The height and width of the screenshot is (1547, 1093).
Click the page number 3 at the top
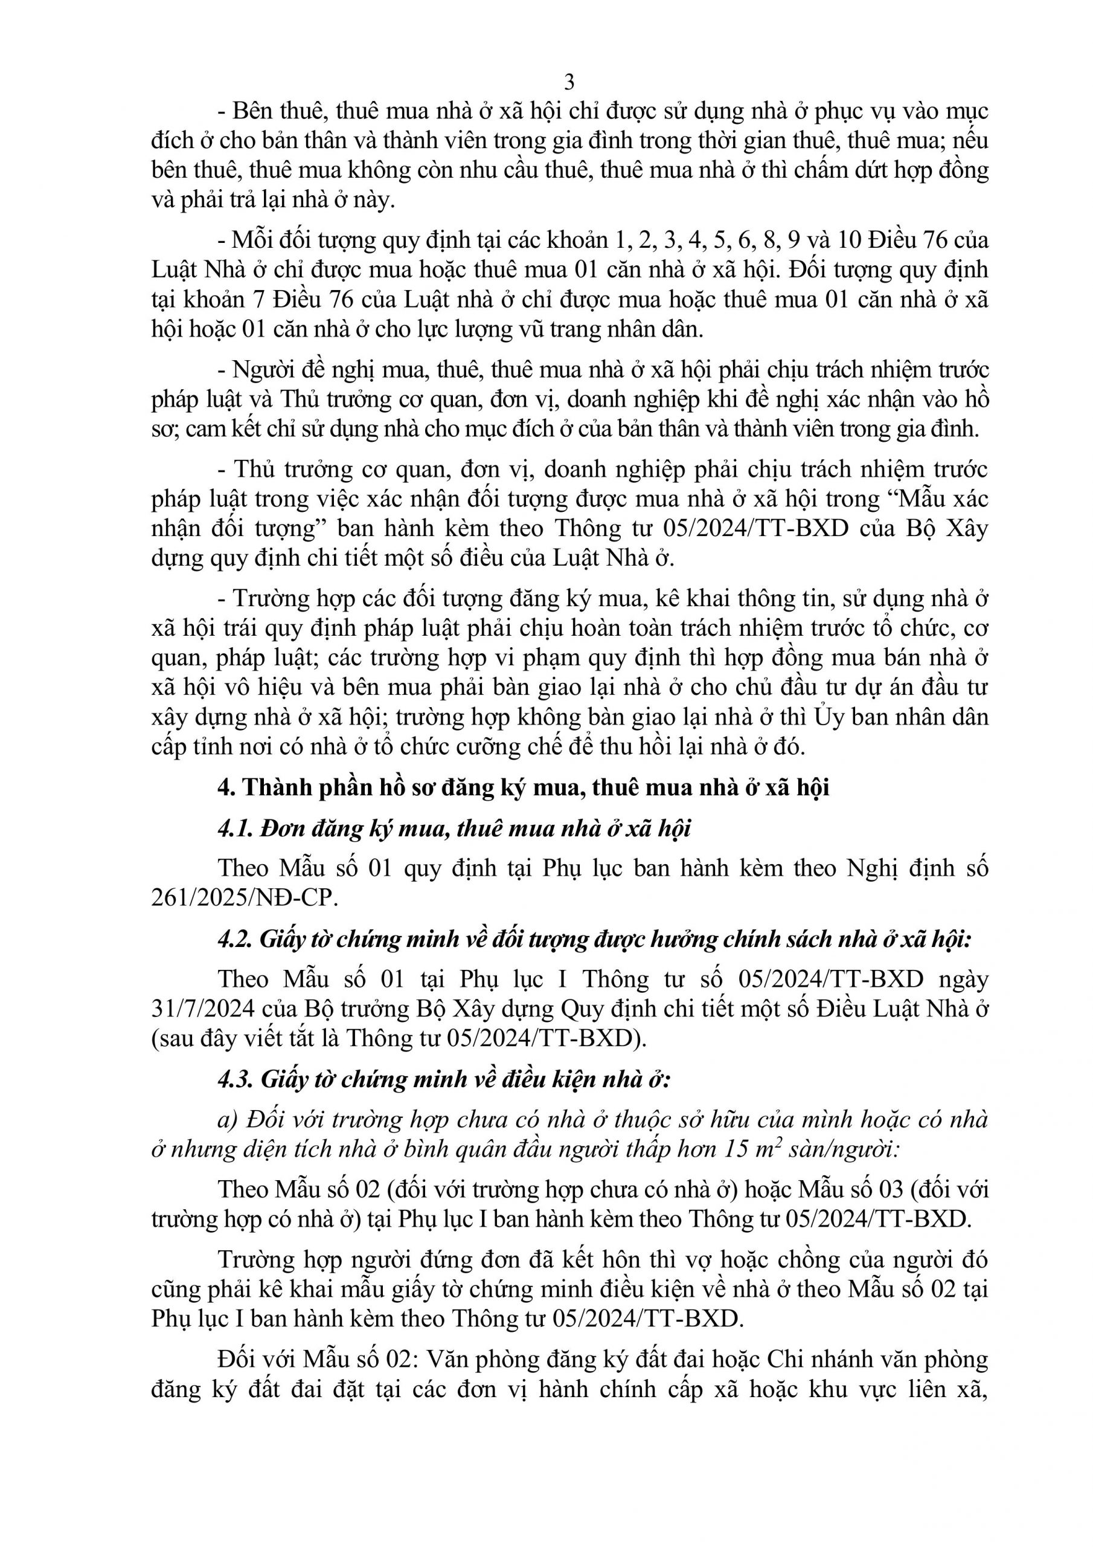pyautogui.click(x=569, y=82)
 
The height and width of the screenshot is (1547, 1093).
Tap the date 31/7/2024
pyautogui.click(x=203, y=1009)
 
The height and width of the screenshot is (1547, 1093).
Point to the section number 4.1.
pyautogui.click(x=234, y=828)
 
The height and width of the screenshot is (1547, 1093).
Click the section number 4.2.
pyautogui.click(x=235, y=939)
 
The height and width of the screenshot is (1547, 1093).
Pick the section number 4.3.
pyautogui.click(x=235, y=1079)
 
